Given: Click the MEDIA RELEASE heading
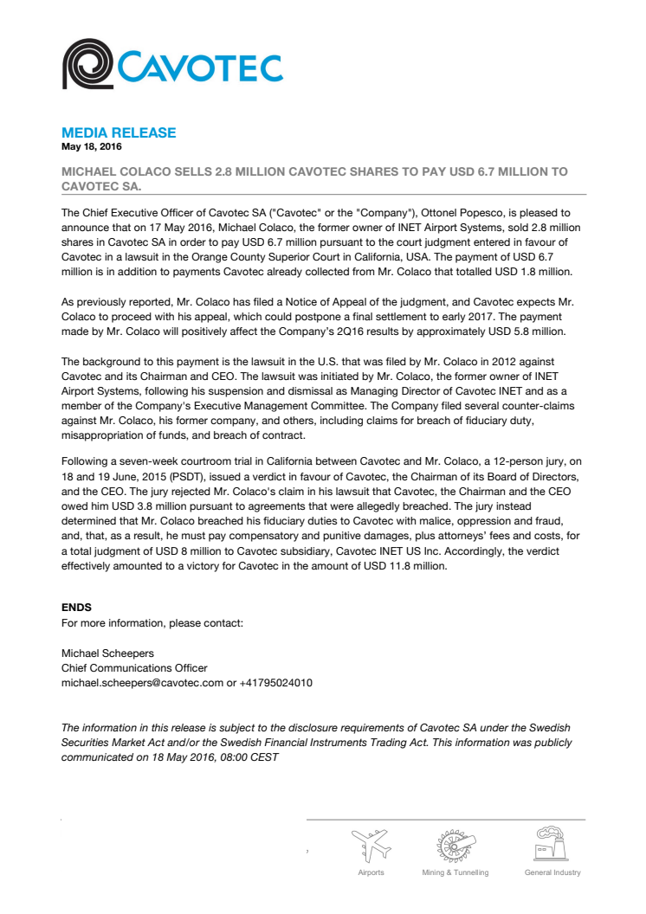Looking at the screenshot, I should (119, 132).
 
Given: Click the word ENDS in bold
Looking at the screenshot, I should (76, 608).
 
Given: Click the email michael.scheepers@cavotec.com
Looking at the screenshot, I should (142, 683).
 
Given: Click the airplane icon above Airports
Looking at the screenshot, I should (371, 844).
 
